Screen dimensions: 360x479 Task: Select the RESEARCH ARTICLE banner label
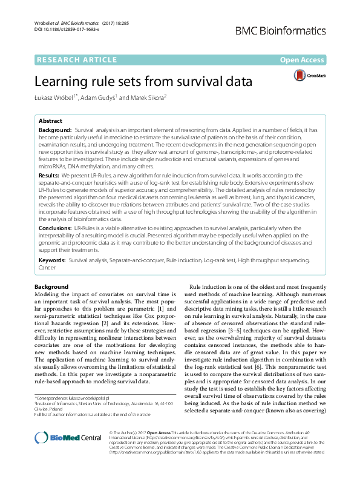tap(77, 59)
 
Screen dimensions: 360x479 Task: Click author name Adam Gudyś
tap(101, 97)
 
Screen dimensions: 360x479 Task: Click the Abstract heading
tap(51, 121)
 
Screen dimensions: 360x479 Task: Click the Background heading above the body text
tap(51, 286)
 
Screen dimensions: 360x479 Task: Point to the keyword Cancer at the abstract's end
tap(48, 266)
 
